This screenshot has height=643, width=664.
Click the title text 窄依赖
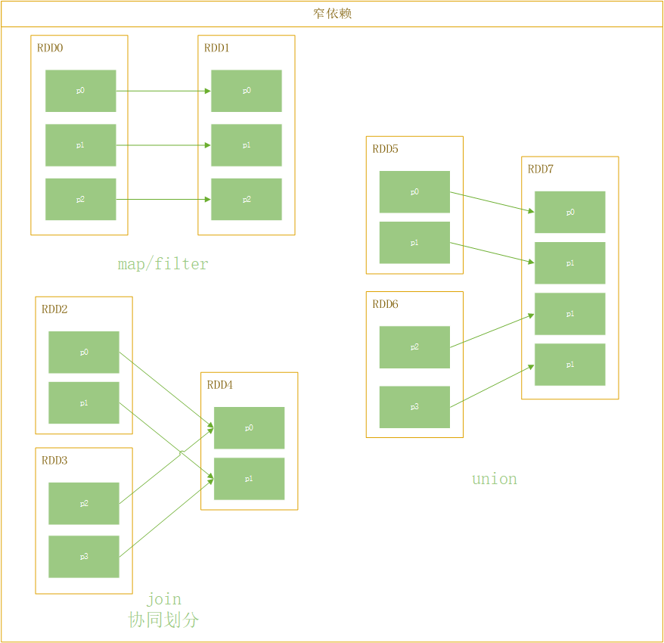coord(332,14)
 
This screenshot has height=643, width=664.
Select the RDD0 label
coord(50,48)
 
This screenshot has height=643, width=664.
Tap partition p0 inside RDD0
coord(80,91)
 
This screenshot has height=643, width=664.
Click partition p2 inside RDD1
coord(247,200)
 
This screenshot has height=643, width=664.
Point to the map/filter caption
coord(163,264)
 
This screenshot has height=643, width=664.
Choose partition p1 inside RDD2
coord(84,403)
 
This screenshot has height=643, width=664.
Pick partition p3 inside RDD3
coord(84,557)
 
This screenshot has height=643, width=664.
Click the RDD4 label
coord(220,385)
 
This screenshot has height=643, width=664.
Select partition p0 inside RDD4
coord(249,428)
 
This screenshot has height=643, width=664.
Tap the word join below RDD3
coord(163,600)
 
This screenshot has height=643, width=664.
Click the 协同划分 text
coord(163,620)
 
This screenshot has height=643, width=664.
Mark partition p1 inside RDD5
coord(414,243)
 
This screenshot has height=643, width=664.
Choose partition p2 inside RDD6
coord(414,347)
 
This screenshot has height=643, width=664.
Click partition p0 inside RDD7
coord(570,213)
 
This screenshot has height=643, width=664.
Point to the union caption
coord(495,479)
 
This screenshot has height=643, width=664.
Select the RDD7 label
coord(541,169)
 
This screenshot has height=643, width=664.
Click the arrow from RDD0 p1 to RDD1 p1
coord(163,145)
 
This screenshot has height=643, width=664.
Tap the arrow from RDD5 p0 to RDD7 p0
coord(492,202)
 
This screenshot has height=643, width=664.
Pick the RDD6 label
coord(385,304)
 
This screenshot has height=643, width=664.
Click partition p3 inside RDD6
coord(414,407)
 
